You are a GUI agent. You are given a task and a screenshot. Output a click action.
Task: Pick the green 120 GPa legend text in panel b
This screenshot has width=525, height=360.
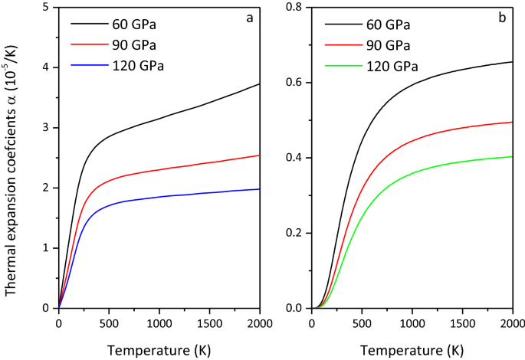pos(390,66)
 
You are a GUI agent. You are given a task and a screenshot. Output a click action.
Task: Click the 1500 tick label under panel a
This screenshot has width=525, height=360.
pos(210,322)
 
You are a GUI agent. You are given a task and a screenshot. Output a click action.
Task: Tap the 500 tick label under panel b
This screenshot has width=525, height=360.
pos(361,322)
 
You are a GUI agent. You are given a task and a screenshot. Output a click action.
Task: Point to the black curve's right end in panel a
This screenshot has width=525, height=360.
pos(260,84)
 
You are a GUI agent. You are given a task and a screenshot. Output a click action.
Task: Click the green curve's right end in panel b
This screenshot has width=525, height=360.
pos(512,157)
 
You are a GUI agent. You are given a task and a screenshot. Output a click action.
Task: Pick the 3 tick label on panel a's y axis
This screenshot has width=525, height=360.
pos(48,128)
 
